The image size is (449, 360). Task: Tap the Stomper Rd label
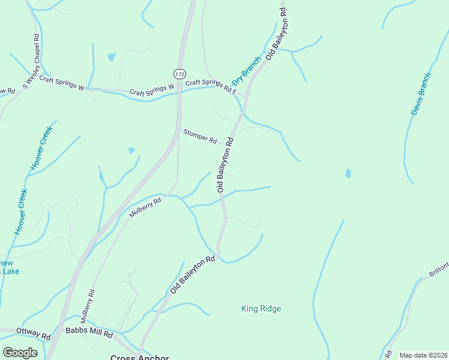200,136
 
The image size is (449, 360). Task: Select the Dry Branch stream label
247,70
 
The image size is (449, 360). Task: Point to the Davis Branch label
421,94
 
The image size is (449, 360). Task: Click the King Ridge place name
261,309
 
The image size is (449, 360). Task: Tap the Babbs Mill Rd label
89,333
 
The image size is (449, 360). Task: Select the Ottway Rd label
33,332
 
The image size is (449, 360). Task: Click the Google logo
20,353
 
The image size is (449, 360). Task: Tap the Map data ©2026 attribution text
423,355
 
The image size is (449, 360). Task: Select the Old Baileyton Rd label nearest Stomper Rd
225,163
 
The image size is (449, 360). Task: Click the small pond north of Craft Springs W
112,57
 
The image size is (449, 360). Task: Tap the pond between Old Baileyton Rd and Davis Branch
348,173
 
